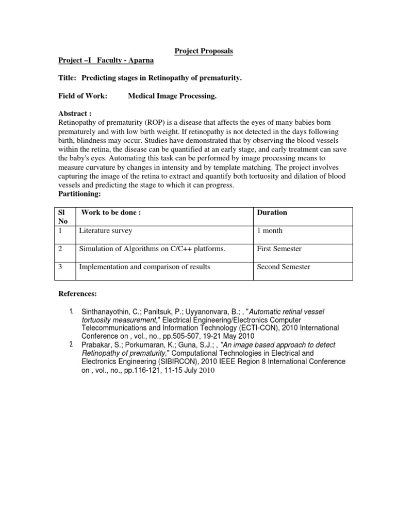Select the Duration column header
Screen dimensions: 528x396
[x=272, y=212]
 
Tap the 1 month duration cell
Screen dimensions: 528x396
[x=270, y=231]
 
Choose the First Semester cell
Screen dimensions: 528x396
[x=279, y=249]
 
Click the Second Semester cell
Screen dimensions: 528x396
[x=283, y=267]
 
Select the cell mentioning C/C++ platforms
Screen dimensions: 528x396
[x=152, y=249]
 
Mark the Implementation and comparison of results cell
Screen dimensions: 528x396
[x=144, y=267]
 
